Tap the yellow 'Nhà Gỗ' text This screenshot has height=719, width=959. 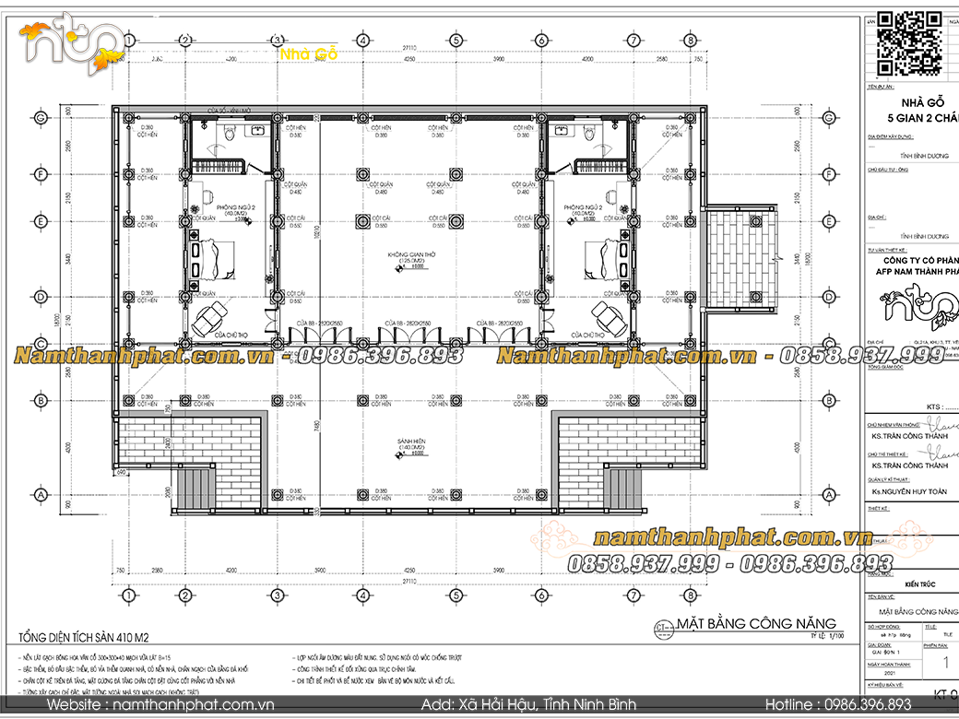click(308, 53)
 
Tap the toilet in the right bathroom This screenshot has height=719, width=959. click(586, 135)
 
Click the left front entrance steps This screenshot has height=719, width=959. click(193, 489)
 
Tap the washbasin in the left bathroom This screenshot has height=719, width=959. click(257, 133)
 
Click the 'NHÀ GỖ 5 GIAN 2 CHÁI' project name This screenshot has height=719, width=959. click(914, 112)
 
